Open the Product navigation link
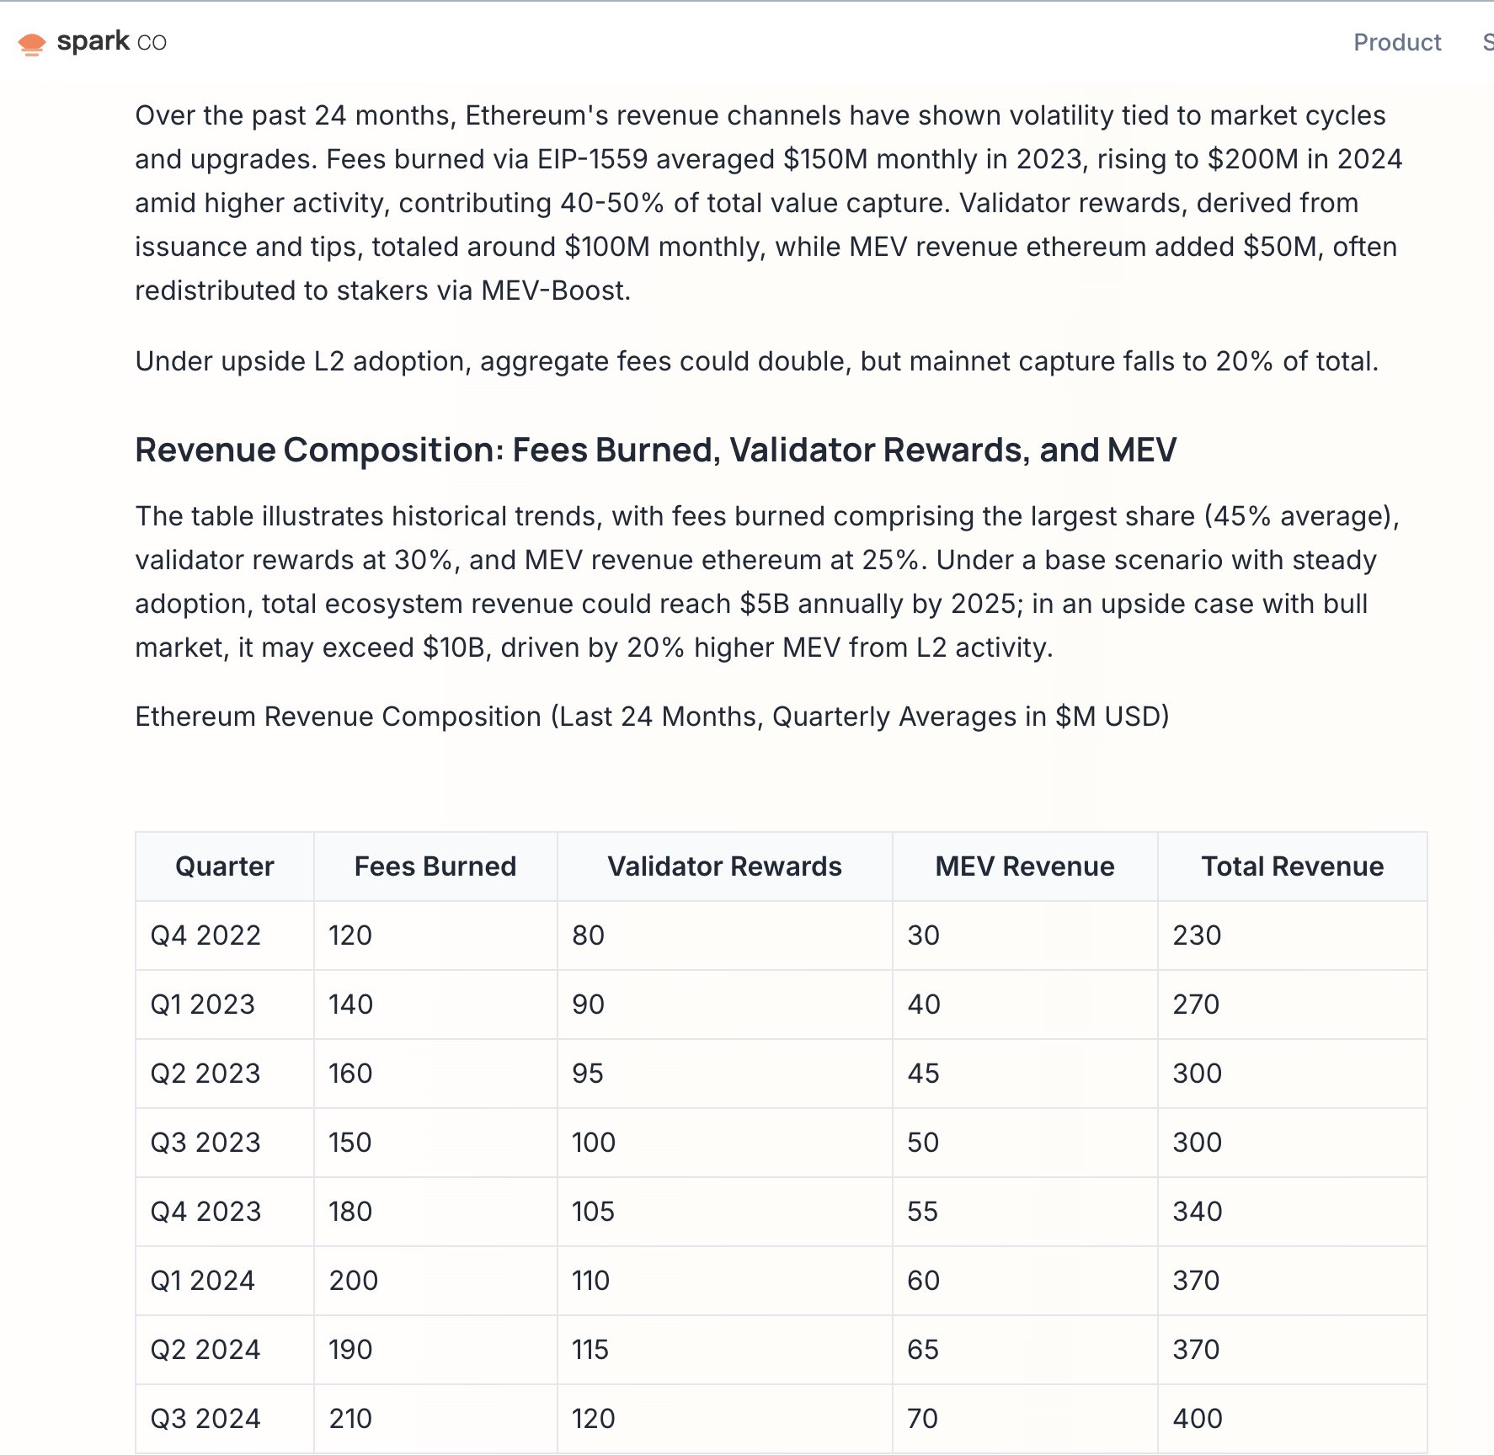click(x=1397, y=42)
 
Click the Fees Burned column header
click(x=435, y=866)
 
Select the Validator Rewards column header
click(x=724, y=866)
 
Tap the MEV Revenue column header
click(x=1024, y=866)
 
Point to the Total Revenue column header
click(x=1292, y=866)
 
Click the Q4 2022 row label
click(x=205, y=935)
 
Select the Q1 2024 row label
click(x=202, y=1281)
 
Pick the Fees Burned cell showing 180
click(x=350, y=1212)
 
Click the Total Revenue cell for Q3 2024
click(x=1198, y=1419)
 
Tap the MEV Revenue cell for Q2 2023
click(x=923, y=1074)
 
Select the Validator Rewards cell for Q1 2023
click(x=588, y=1005)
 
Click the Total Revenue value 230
click(x=1197, y=935)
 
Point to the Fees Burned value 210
click(x=350, y=1419)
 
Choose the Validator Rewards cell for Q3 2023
click(x=594, y=1143)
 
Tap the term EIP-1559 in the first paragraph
click(x=592, y=159)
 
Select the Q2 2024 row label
click(x=205, y=1350)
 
